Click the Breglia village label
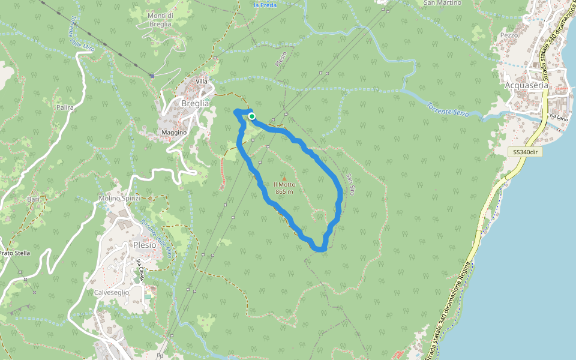(x=195, y=103)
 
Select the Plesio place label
(x=145, y=245)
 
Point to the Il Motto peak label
(x=284, y=184)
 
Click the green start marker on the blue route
(x=253, y=116)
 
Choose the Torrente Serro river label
(x=447, y=109)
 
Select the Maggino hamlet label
(x=175, y=132)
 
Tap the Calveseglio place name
(x=112, y=292)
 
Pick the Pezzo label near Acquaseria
(x=509, y=35)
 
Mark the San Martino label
(x=442, y=3)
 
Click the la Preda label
(x=264, y=5)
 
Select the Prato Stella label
(x=14, y=253)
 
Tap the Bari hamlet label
(x=33, y=199)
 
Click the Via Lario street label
(x=559, y=118)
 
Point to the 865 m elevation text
(x=284, y=192)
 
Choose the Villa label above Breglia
(x=202, y=81)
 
